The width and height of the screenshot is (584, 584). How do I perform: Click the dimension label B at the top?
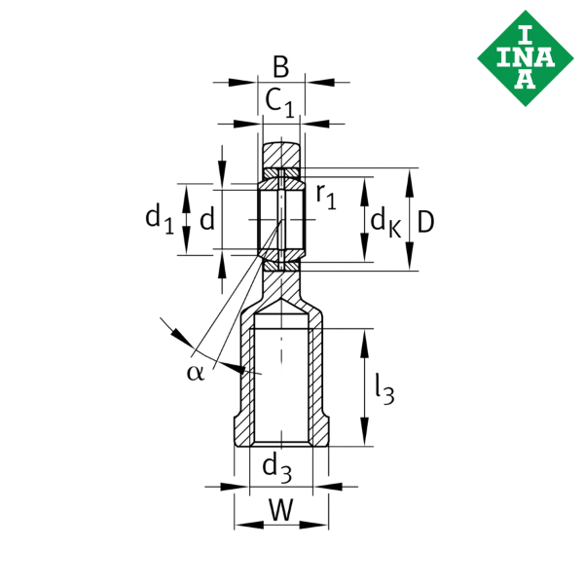click(280, 67)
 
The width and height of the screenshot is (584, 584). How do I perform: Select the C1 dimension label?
click(281, 100)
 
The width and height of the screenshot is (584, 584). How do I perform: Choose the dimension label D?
click(425, 221)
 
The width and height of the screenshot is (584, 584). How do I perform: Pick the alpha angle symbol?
click(194, 373)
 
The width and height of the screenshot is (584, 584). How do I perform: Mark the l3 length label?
click(384, 389)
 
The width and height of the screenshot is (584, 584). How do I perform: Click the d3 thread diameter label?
click(277, 469)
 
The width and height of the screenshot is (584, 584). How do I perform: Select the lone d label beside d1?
click(206, 220)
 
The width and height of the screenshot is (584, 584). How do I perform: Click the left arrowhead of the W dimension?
click(241, 525)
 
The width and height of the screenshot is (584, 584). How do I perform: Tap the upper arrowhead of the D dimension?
click(411, 177)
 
